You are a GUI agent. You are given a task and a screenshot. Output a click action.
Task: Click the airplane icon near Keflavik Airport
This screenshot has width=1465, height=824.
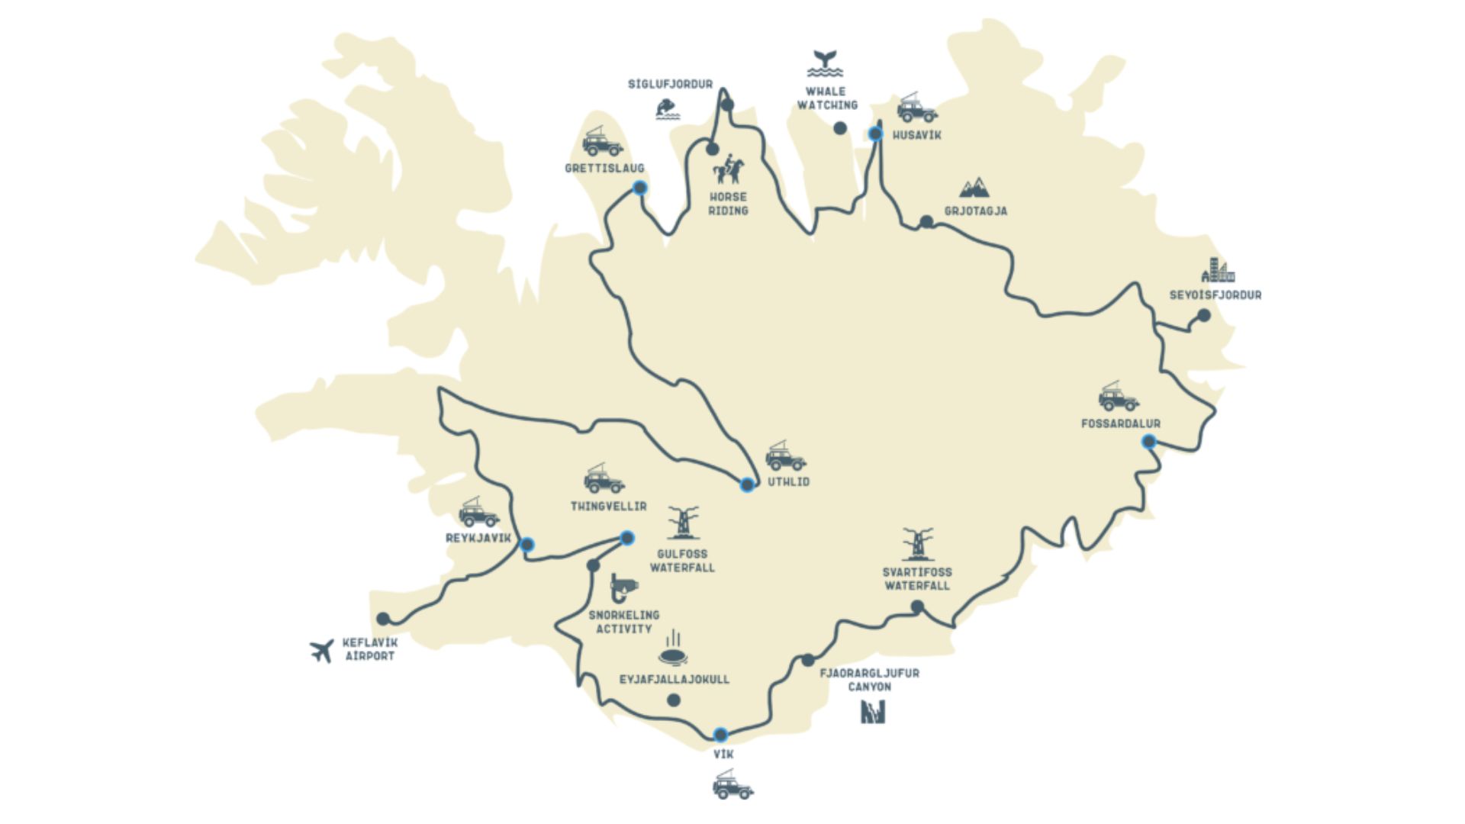(322, 650)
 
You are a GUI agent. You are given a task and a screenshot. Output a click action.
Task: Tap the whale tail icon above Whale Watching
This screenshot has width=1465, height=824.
(826, 63)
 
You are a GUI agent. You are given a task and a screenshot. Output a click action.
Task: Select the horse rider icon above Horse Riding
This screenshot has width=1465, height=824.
(729, 169)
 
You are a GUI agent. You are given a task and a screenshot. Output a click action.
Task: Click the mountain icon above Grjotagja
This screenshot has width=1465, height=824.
(974, 187)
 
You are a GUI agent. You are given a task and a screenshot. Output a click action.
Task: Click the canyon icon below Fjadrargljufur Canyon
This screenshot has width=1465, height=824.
(872, 712)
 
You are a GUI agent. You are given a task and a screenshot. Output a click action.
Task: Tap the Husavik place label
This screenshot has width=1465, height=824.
(917, 136)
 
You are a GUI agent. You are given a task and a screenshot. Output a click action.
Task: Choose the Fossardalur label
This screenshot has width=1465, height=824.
(1120, 423)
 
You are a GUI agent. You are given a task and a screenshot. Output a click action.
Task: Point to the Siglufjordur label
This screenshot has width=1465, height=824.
(670, 85)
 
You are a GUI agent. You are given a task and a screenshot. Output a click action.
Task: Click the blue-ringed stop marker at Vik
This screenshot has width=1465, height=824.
(720, 735)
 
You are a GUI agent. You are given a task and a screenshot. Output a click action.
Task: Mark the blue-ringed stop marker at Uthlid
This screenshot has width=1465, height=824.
(747, 484)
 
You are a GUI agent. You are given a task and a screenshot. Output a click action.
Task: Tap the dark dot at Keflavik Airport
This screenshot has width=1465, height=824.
(383, 619)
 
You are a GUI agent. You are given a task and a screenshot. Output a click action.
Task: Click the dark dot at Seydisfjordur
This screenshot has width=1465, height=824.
(1203, 315)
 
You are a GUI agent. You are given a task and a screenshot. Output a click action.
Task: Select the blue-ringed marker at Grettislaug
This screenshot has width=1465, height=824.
(640, 188)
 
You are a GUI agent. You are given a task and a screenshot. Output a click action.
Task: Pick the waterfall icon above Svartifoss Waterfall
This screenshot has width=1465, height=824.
(916, 545)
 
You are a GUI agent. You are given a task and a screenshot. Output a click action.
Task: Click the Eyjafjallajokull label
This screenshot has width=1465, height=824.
(675, 679)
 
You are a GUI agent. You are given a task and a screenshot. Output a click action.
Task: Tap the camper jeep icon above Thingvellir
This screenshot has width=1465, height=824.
(604, 479)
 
